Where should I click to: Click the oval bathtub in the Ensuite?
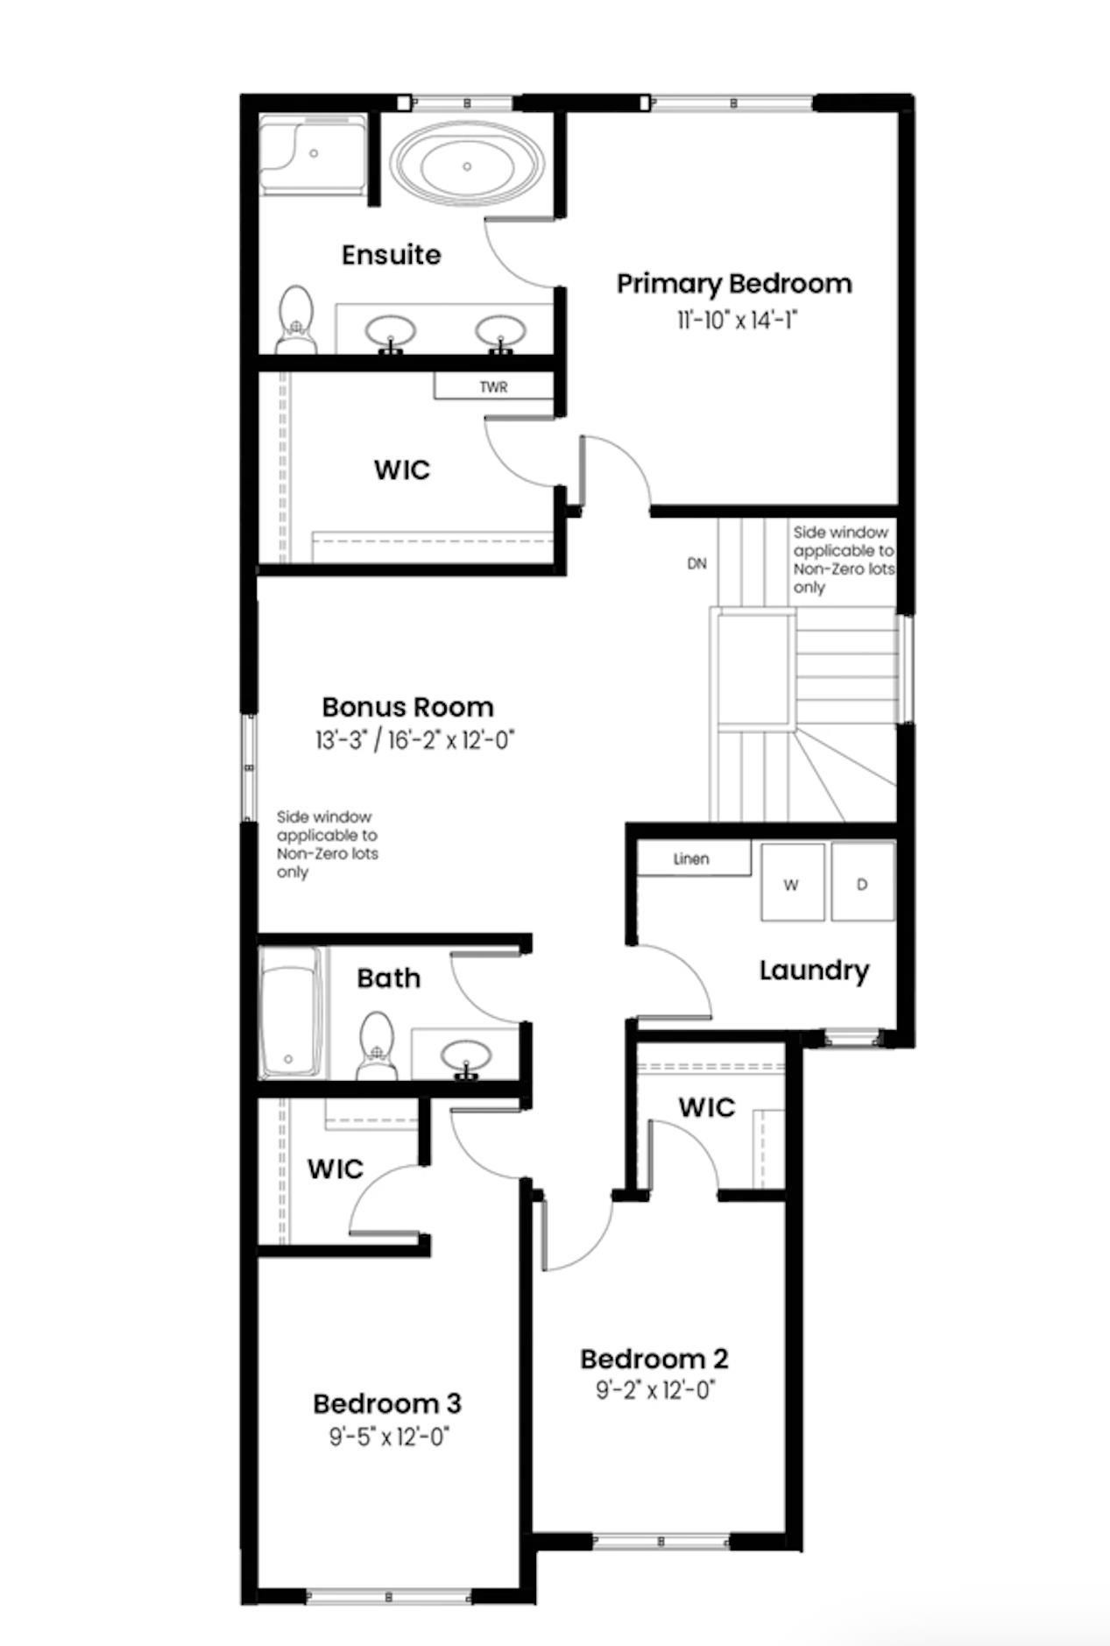click(467, 166)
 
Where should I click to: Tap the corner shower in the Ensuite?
click(313, 154)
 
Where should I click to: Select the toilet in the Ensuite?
click(296, 319)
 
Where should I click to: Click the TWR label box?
click(493, 386)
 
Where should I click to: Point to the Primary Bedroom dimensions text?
click(735, 321)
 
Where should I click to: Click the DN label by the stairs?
click(696, 563)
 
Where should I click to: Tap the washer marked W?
click(792, 883)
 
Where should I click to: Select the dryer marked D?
click(862, 883)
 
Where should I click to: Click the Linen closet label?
click(692, 858)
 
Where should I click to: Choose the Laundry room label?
click(814, 971)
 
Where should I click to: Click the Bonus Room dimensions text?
click(414, 741)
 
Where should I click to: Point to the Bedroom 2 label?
click(654, 1359)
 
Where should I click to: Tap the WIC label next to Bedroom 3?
click(335, 1169)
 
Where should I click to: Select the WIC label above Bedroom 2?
click(706, 1107)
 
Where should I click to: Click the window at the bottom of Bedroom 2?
click(661, 1542)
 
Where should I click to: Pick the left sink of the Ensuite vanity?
click(391, 332)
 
